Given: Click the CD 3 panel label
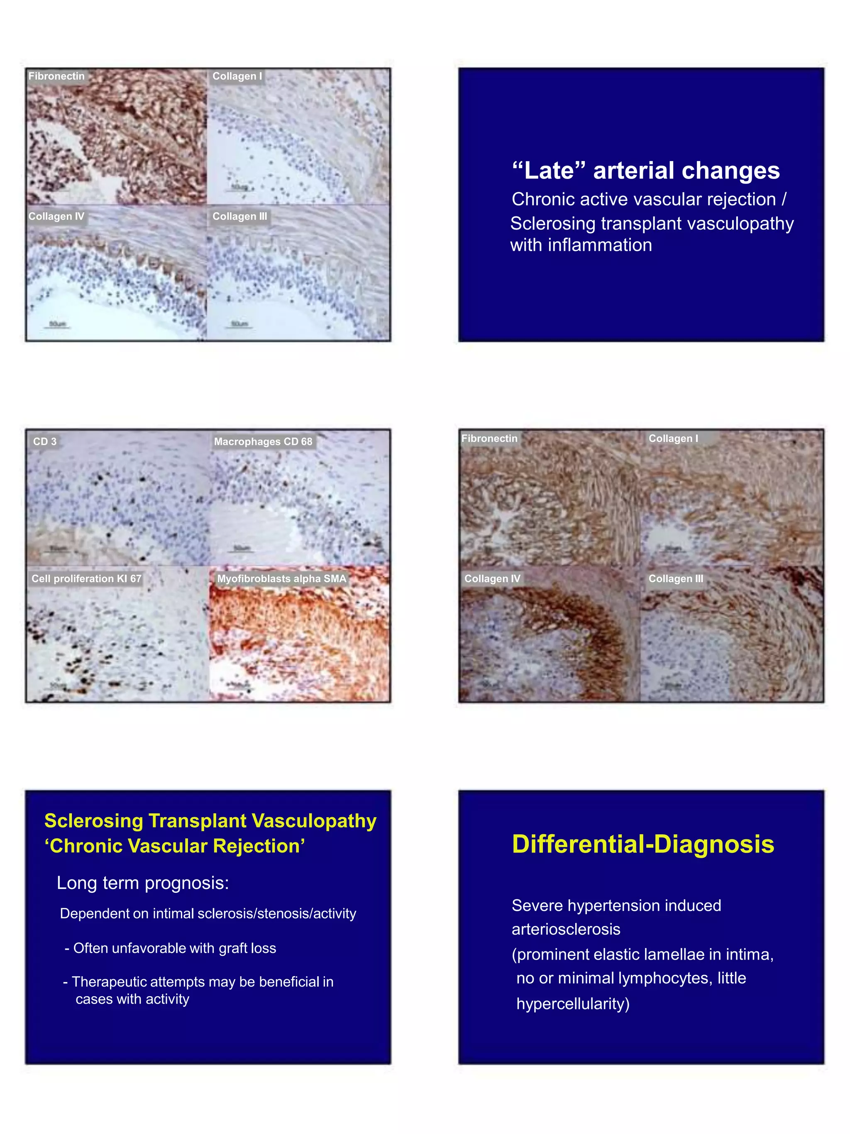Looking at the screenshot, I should pos(44,441).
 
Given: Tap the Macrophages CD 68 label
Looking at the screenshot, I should pos(263,441).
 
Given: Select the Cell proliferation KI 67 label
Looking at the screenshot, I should pos(86,578).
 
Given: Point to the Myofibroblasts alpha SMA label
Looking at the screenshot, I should pos(281,578).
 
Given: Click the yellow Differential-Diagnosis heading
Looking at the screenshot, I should pos(642,844).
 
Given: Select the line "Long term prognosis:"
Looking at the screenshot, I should pos(142,883).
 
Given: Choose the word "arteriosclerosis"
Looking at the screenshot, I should pos(566,929).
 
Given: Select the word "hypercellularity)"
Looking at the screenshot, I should pos(573,1003).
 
